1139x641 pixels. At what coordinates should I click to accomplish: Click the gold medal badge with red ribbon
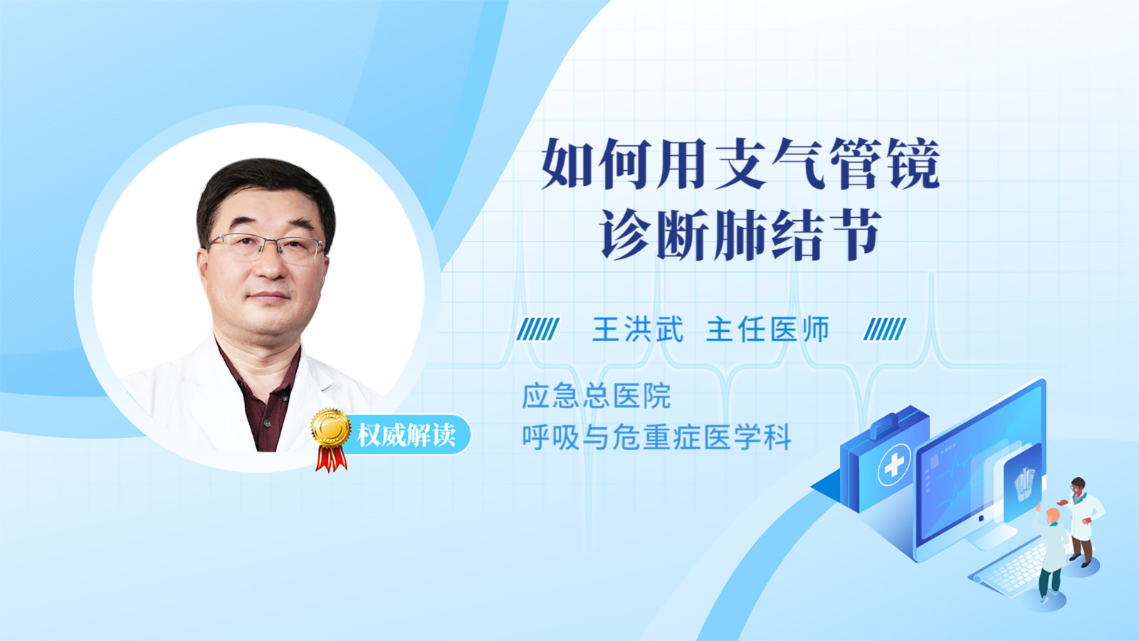[331, 439]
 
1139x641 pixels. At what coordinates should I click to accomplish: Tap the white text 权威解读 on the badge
[406, 435]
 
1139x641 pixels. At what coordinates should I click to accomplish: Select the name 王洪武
[638, 329]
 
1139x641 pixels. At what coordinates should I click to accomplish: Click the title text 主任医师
[768, 329]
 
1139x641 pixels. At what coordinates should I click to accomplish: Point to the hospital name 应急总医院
[597, 396]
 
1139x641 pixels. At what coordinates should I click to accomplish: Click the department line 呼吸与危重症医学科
[656, 437]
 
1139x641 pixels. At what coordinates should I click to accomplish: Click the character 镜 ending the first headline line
[912, 164]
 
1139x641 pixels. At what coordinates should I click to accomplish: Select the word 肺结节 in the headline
[796, 235]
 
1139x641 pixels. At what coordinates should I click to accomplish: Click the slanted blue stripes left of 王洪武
[538, 329]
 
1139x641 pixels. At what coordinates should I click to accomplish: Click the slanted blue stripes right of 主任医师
[885, 329]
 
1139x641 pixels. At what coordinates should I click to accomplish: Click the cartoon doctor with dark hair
[1083, 521]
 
